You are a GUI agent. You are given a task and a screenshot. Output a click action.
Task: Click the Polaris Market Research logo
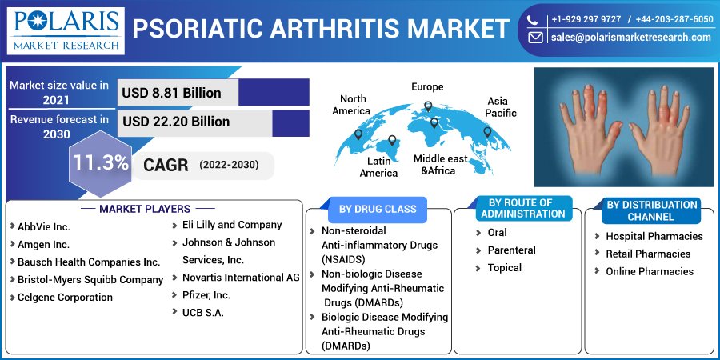[63, 30]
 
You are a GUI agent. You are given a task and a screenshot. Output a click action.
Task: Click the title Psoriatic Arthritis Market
[320, 30]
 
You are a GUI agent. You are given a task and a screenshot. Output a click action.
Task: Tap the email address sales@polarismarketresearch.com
[630, 38]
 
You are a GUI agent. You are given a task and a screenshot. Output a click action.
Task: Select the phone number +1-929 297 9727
[585, 18]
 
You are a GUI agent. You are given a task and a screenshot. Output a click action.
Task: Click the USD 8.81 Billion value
[171, 93]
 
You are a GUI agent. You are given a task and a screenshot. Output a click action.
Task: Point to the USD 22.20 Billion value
[176, 122]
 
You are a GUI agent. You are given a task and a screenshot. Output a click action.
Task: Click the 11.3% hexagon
[101, 163]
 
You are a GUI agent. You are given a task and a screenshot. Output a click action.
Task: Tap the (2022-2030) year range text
[229, 166]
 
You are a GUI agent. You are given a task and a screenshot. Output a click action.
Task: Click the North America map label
[351, 105]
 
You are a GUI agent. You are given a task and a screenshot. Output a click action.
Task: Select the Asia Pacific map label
[501, 107]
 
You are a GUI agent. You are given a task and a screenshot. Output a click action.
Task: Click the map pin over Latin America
[392, 142]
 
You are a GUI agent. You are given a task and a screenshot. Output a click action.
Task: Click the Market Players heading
[145, 209]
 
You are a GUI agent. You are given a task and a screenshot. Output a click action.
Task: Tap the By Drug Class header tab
[378, 209]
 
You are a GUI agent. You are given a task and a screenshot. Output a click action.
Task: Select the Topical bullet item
[504, 268]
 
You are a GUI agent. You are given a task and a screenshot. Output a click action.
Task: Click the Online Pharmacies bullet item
[649, 271]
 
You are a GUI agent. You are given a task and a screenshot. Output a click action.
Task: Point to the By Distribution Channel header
[650, 211]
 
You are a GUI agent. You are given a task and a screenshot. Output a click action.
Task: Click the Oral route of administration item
[497, 233]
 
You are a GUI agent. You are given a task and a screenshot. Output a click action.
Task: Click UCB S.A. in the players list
[203, 312]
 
